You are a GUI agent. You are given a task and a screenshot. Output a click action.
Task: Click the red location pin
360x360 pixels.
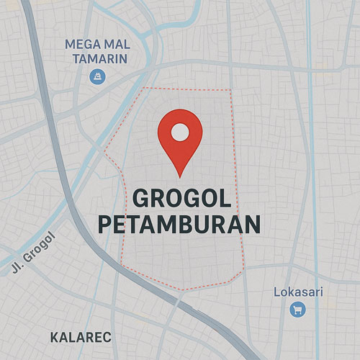click(x=180, y=137)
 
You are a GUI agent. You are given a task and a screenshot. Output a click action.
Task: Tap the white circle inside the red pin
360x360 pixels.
click(x=180, y=132)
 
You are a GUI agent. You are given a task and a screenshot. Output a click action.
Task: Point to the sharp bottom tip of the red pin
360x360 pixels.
click(x=180, y=176)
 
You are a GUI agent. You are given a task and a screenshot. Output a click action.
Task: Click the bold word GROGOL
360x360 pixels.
click(x=180, y=198)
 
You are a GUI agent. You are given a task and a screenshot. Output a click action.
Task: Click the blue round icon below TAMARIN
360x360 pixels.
click(x=96, y=76)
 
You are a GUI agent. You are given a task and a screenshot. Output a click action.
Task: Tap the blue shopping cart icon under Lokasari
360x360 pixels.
click(x=297, y=310)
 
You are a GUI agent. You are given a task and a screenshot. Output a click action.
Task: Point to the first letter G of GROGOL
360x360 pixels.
click(x=140, y=198)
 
